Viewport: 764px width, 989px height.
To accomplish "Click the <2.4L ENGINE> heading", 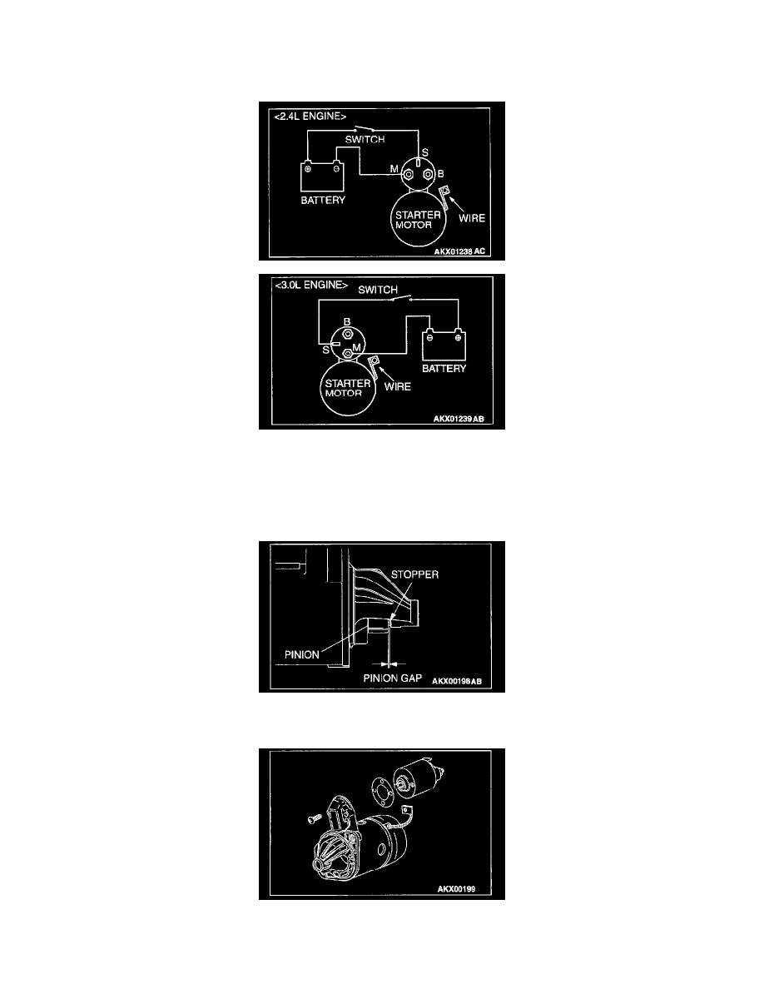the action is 310,117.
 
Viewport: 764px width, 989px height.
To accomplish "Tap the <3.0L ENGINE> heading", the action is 311,285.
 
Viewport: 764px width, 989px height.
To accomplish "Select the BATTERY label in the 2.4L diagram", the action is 323,201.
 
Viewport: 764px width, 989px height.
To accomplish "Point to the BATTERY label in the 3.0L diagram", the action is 444,368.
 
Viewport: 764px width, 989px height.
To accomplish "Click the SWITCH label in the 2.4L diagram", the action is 365,139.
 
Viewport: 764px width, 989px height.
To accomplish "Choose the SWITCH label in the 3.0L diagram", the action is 378,291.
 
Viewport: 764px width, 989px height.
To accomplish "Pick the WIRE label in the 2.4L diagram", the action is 472,218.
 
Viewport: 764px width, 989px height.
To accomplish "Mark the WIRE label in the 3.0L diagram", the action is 397,386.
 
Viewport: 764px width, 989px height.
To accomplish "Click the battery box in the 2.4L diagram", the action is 322,177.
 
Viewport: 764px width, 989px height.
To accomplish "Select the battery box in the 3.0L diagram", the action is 444,345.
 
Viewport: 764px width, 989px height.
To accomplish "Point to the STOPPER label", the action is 414,574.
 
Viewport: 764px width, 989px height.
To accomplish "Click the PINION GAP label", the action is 392,678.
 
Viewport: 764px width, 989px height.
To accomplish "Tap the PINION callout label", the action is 301,654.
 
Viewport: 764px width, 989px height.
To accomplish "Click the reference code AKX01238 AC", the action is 459,251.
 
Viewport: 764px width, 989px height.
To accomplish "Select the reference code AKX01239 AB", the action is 459,420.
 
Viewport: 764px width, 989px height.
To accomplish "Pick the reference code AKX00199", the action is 456,889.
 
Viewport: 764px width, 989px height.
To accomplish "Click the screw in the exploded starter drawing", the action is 314,819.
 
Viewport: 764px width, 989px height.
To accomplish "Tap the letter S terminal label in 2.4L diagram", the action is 425,152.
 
